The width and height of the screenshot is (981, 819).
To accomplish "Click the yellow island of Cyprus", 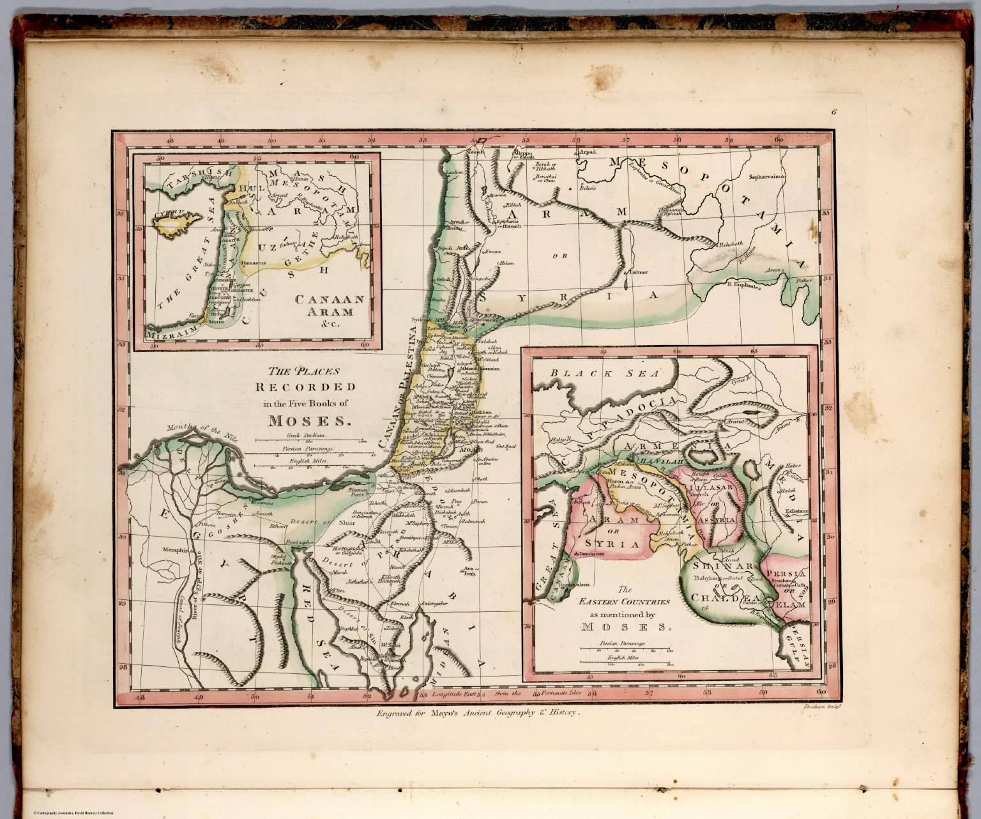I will click(x=171, y=226).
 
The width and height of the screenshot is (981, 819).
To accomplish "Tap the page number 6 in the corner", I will click(x=834, y=112).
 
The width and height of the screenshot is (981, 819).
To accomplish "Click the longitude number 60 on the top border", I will click(x=779, y=140).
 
